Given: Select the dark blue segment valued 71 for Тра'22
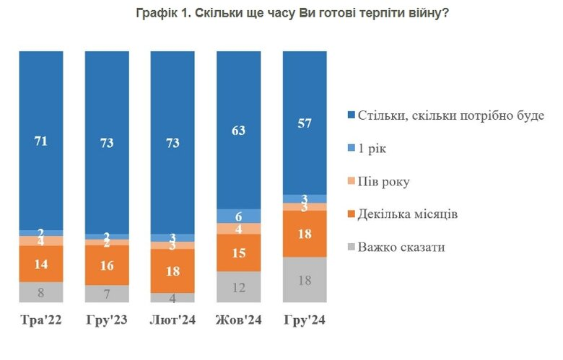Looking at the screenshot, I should coord(41,141).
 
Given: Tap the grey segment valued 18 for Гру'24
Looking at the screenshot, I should coord(305,280).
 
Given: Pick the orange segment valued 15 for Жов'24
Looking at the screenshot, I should coord(239,253).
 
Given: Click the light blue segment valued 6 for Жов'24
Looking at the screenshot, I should coord(239,216).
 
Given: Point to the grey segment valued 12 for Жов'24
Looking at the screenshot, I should coord(239,287).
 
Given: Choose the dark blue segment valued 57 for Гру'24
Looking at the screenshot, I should coord(305,123).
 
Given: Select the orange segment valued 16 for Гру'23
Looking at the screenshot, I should coord(107,265).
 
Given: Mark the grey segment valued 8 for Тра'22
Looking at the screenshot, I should coord(41,292).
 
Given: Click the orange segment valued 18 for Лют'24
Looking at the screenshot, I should coord(173,271).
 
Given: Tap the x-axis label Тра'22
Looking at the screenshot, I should coord(41,320).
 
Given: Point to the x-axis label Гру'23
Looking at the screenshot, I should coord(107,320).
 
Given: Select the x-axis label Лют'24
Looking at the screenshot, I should coord(173,320).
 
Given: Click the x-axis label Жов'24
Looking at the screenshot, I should coord(239,320).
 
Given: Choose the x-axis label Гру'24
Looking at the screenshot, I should coord(305,320).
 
